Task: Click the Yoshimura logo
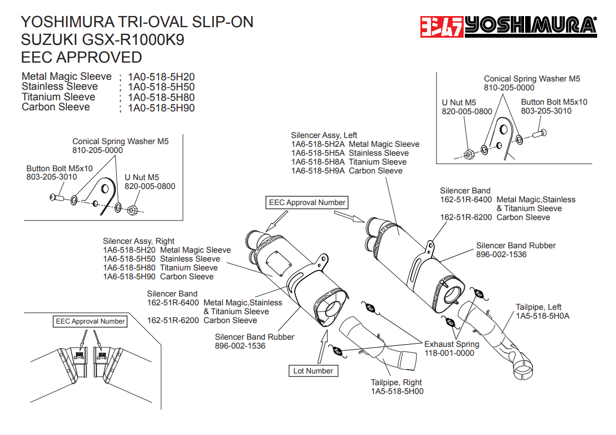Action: [507, 26]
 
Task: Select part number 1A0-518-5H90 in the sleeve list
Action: [161, 108]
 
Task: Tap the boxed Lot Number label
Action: [313, 371]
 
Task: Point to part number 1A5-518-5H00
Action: [397, 391]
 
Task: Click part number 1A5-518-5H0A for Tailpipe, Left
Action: [542, 316]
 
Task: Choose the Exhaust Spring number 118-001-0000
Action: [449, 353]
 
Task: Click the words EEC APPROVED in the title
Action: [81, 57]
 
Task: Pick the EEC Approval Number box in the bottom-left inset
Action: [90, 321]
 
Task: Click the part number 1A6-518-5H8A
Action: [318, 162]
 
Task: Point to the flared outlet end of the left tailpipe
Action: [523, 370]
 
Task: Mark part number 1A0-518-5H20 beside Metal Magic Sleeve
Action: [161, 77]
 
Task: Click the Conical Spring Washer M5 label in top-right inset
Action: [532, 79]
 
